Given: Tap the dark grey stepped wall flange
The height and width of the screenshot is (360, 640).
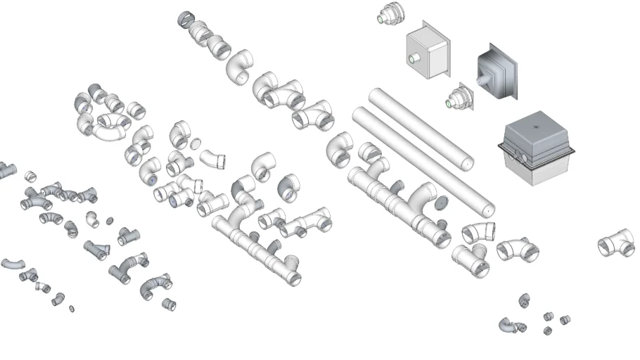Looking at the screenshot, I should click(497, 74).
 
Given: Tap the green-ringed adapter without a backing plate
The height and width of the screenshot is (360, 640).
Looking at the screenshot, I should click(388, 15).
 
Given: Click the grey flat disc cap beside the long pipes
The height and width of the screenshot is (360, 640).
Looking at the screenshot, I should click(442, 205).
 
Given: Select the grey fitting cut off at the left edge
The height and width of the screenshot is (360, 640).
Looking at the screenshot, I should click(6, 169).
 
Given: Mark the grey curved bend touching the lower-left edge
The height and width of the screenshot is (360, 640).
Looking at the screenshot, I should click(12, 264).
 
